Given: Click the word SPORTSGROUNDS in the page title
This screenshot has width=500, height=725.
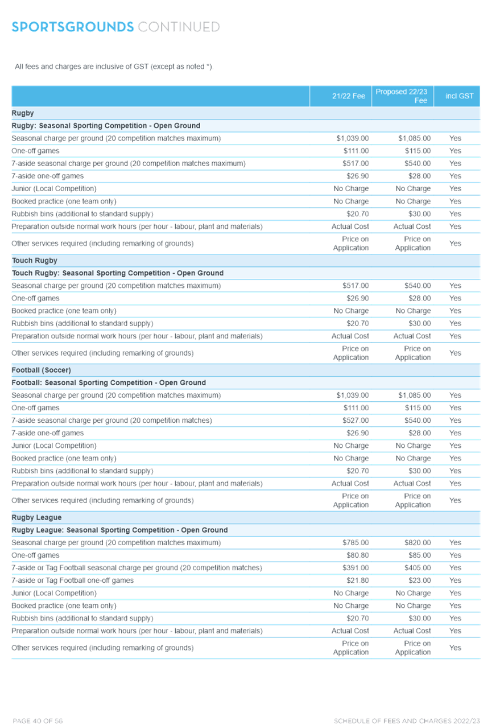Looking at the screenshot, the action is [72, 27].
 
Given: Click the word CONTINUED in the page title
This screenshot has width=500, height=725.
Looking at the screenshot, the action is [179, 27].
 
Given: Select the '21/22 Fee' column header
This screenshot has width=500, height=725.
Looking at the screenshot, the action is [349, 96].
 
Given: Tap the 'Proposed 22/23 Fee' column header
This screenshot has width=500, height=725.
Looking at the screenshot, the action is [401, 96].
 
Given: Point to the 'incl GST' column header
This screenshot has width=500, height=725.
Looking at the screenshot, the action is [460, 96].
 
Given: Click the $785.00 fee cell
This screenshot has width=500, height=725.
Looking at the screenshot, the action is [356, 542].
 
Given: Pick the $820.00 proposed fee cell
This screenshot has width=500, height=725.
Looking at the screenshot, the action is [418, 542].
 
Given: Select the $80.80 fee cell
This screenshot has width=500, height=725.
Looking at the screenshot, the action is [358, 555].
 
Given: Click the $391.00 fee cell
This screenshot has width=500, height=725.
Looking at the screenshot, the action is [356, 568].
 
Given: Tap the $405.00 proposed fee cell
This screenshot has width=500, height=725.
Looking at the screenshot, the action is [418, 568].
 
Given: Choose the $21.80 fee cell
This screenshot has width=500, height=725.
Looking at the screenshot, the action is [358, 580].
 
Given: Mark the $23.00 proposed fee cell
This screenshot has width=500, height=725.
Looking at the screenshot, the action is [419, 580].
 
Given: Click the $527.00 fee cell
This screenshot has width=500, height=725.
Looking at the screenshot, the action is [356, 420].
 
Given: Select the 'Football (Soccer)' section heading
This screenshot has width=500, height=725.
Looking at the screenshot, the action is [41, 370].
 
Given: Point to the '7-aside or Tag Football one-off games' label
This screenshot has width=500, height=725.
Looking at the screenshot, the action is [72, 580].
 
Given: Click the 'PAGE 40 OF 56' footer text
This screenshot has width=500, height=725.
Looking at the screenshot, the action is [38, 721].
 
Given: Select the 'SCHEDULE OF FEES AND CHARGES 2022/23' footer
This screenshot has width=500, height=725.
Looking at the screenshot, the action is [407, 721].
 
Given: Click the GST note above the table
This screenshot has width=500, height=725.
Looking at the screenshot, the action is [114, 67].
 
